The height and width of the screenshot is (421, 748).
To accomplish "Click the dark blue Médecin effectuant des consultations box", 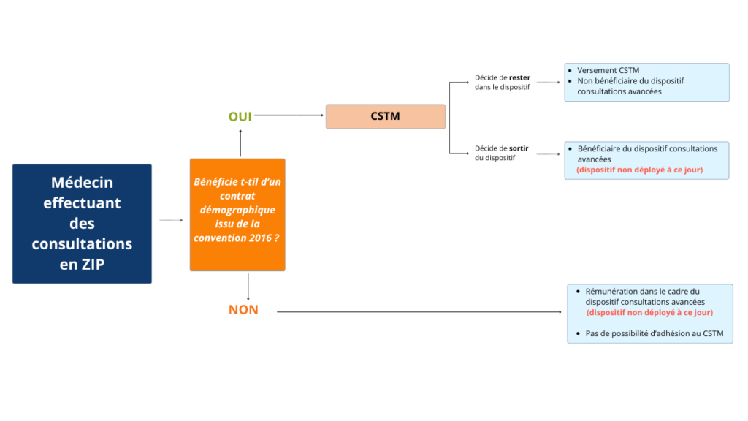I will point(82,223).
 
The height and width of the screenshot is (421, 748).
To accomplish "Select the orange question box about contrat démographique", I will point(237,214).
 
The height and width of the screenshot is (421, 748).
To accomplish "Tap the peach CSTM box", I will point(385,116).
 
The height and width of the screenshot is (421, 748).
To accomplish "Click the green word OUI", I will point(240,116).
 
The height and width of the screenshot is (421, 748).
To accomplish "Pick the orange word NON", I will point(243,310).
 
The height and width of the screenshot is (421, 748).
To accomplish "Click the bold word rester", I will point(519,77).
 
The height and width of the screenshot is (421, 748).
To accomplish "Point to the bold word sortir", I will point(519,148).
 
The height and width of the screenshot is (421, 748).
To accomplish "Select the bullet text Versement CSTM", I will point(608,71).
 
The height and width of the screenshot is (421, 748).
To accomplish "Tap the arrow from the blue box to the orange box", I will point(170,220).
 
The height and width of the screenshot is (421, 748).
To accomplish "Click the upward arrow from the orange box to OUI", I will point(240,143).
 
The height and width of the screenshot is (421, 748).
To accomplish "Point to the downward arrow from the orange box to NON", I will point(248,286).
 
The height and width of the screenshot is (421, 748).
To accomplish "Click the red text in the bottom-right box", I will point(649,312).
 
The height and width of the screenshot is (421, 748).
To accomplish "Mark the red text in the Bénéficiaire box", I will point(640,170).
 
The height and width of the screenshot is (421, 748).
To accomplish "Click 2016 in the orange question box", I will point(256,238).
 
